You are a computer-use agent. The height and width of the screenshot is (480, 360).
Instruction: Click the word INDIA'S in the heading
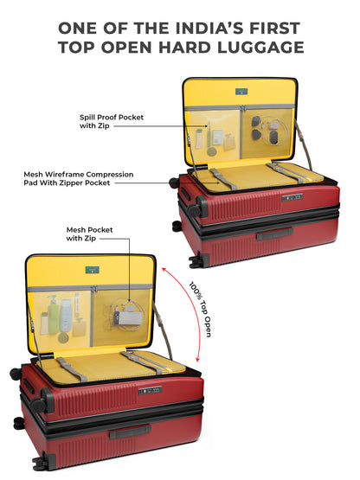coord(210,29)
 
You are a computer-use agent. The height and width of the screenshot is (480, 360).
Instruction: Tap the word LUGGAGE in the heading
coord(260,48)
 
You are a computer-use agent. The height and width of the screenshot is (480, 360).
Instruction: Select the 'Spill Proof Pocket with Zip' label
coord(112,121)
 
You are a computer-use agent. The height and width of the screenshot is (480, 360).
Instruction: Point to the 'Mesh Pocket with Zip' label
coord(89,234)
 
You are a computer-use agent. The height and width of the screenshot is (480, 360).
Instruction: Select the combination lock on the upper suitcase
coord(292,197)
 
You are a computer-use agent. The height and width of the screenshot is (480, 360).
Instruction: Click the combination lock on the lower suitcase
coord(150,390)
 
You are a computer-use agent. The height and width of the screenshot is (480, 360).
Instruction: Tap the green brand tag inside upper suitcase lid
coord(241,91)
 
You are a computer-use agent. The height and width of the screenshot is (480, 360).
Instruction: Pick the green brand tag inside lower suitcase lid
coord(92,270)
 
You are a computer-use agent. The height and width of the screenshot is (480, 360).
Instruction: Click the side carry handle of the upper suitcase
coord(275,234)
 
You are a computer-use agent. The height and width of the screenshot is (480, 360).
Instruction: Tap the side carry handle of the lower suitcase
coord(130,432)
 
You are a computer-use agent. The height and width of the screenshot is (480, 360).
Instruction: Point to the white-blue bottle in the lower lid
coord(66,316)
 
